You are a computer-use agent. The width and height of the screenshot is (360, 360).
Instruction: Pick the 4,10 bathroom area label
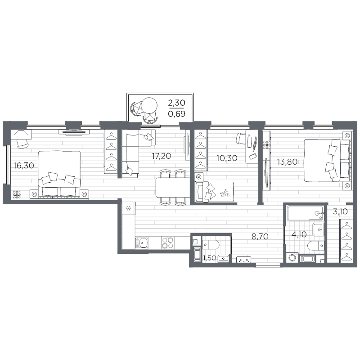click(x=300, y=235)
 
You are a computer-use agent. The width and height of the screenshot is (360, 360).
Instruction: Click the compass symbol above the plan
click(x=144, y=108)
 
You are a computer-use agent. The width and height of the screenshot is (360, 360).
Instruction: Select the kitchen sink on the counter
click(x=144, y=243)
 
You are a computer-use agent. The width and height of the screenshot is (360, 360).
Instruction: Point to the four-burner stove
click(x=168, y=243)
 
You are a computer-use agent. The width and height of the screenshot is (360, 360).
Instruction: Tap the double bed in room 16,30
click(x=59, y=172)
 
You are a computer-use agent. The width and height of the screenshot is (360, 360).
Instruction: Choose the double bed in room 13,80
click(x=327, y=161)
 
